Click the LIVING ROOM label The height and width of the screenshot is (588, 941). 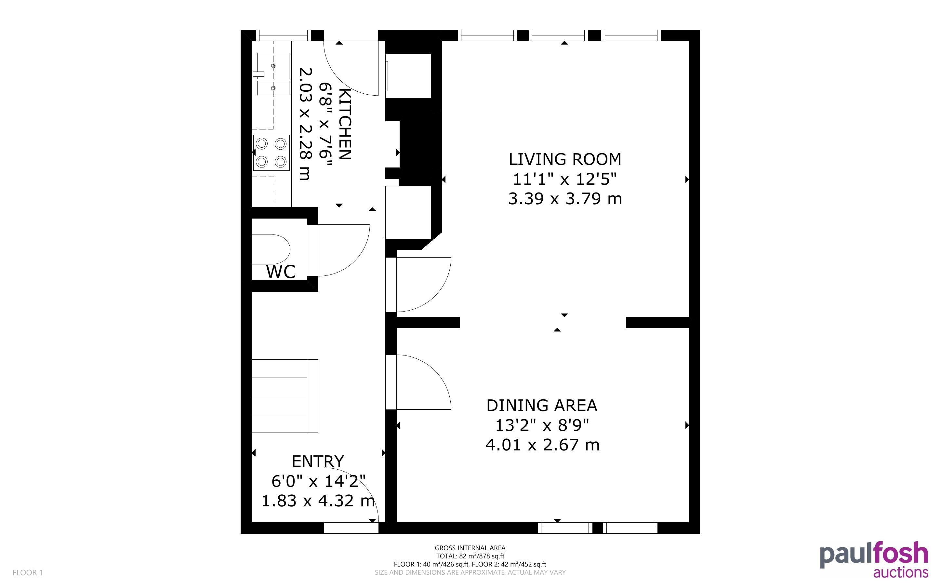pos(565,159)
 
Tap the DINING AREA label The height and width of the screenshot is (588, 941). pos(542,406)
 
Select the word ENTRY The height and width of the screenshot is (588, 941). pos(318,461)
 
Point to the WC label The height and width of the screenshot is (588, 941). pos(281,272)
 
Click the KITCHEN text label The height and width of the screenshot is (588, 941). pos(345,124)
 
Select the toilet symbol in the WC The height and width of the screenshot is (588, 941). pos(271,249)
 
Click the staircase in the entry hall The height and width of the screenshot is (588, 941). pos(285,396)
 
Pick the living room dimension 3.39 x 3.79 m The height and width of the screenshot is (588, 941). pos(565,199)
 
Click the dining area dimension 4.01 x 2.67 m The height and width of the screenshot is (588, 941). pos(543,445)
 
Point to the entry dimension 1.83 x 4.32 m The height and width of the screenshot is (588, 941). pos(318,501)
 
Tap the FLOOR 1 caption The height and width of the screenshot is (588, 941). pos(28,572)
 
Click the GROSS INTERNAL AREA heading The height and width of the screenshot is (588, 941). pos(470,548)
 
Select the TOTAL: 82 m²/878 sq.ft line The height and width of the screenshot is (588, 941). pos(470,556)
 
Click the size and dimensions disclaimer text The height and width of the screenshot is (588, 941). pos(470,572)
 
